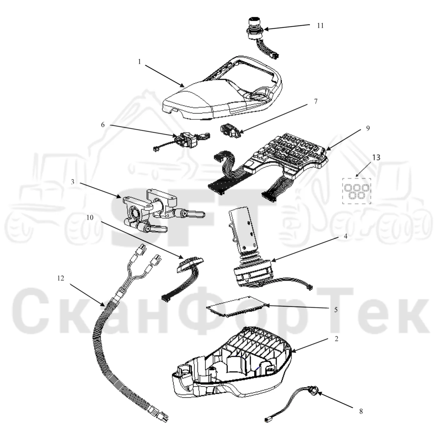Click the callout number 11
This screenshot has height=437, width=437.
pyautogui.click(x=320, y=26)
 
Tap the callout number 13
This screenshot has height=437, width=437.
pyautogui.click(x=376, y=157)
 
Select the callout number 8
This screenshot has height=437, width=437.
pyautogui.click(x=361, y=411)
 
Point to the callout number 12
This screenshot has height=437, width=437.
pyautogui.click(x=61, y=278)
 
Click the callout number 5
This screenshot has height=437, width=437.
pyautogui.click(x=336, y=310)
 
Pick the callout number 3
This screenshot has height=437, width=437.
pyautogui.click(x=72, y=182)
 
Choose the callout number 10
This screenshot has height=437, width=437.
pyautogui.click(x=90, y=218)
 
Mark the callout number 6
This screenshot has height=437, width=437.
pyautogui.click(x=103, y=125)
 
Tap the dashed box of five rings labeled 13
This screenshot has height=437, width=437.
pyautogui.click(x=356, y=191)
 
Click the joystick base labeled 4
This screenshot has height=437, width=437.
pyautogui.click(x=253, y=274)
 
